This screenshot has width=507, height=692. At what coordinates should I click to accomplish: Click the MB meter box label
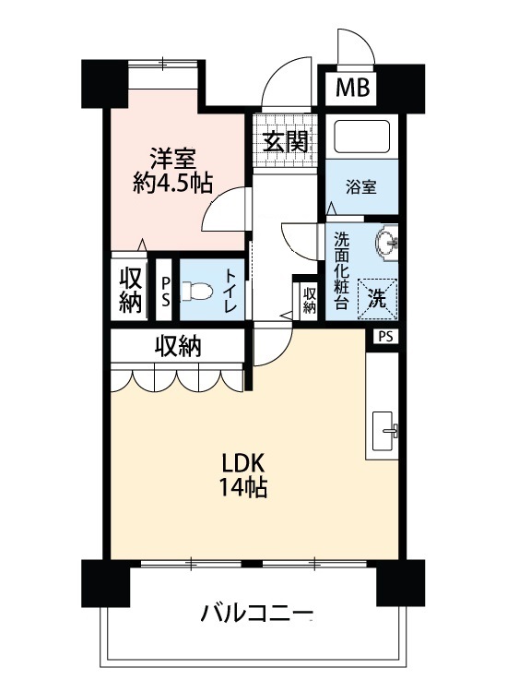point(352,88)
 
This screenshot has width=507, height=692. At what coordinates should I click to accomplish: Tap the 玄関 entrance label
point(285,141)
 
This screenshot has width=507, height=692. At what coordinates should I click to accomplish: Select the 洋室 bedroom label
point(172,159)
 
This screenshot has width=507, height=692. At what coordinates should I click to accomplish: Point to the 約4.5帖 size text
point(172,183)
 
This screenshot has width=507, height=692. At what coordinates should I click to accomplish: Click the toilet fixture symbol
point(196,291)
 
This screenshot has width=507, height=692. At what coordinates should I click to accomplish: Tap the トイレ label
point(230,291)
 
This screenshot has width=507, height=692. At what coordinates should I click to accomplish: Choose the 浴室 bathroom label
point(361,187)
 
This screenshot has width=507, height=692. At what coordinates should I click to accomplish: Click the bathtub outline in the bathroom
point(362,137)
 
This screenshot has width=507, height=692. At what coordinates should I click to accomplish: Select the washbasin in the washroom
point(386,243)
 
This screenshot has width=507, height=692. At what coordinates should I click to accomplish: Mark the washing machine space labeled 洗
point(377,299)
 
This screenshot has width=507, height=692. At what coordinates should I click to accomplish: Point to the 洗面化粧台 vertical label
point(341,270)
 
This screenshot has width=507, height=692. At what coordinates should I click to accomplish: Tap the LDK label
point(243,464)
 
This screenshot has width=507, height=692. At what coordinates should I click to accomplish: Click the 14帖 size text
point(243,487)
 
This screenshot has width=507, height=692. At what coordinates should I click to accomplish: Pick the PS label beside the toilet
point(166,291)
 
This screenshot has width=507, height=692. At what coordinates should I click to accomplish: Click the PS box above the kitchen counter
point(385,337)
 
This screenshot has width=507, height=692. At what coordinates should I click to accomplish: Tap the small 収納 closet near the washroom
point(310,300)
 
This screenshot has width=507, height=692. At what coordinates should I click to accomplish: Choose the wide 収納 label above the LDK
point(178,346)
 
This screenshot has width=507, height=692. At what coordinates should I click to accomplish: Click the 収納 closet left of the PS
point(131,290)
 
